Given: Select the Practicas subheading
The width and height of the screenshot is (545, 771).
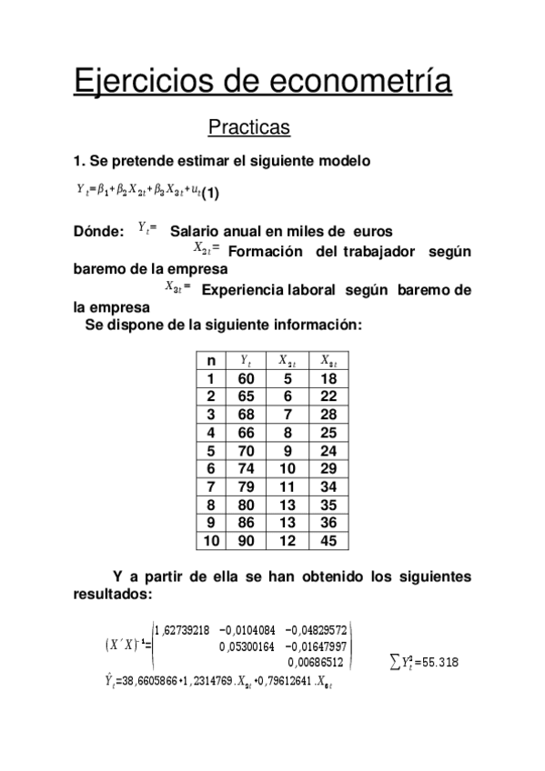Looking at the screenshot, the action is pos(248,127).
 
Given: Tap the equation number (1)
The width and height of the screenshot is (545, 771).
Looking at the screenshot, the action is pos(210,193).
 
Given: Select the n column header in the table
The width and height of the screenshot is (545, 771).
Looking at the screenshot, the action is pos(211,362).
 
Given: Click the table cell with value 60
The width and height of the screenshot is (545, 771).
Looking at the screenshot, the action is pos(246,379).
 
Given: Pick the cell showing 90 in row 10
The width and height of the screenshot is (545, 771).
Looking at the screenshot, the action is pos(246,541).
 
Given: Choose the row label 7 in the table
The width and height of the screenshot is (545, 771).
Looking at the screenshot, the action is pos(211,487).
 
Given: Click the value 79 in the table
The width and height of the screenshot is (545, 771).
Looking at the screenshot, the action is pos(246,487).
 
